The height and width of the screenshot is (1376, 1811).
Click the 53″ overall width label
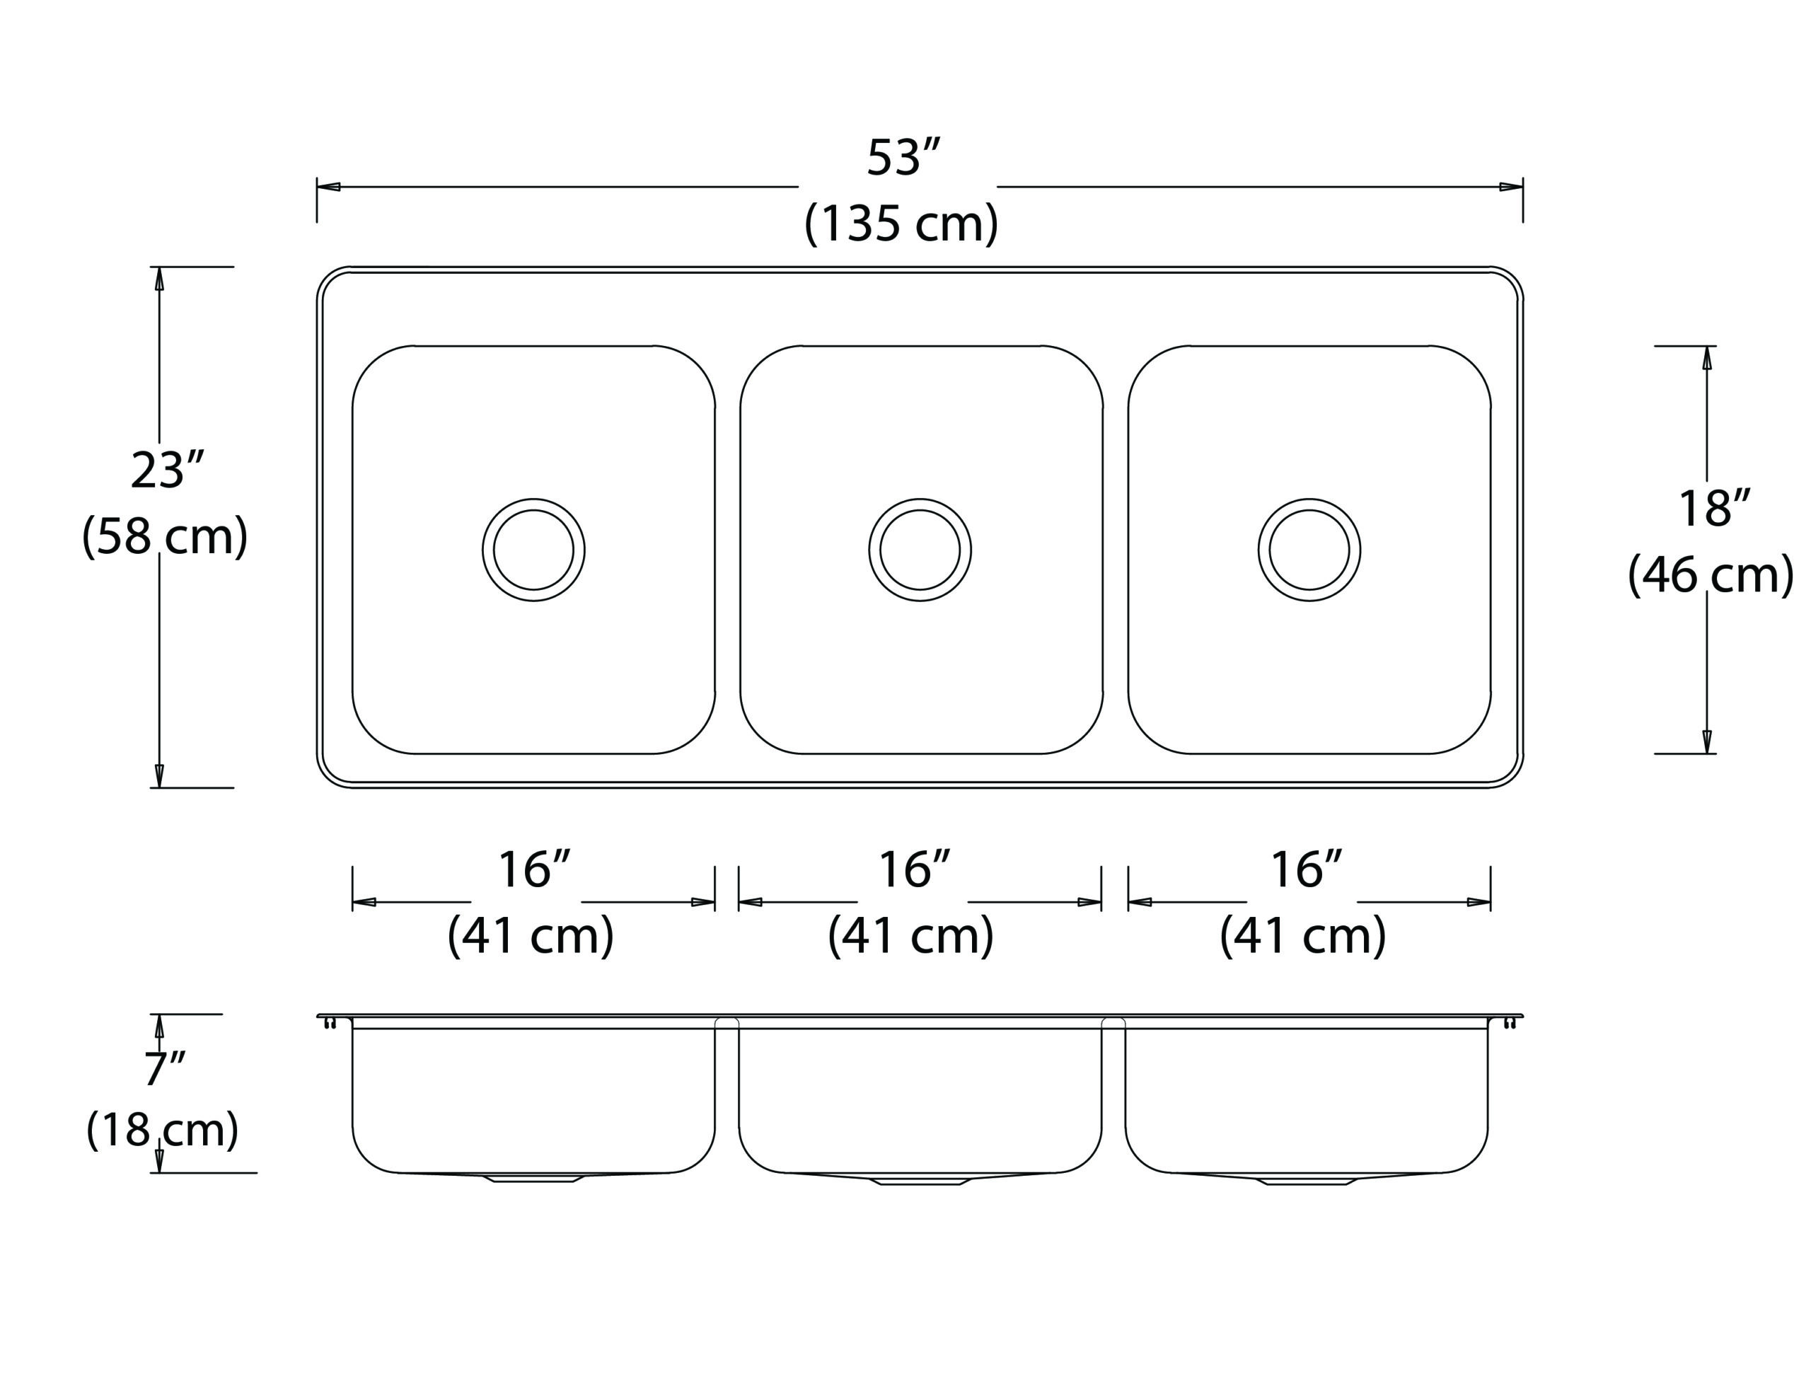(903, 158)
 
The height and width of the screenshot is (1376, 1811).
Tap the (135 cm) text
(901, 223)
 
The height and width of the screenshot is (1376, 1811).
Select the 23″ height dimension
(167, 471)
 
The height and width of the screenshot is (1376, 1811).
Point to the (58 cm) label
(165, 536)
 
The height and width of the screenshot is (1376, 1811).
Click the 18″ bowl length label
(1714, 509)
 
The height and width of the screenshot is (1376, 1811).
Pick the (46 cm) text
(1711, 575)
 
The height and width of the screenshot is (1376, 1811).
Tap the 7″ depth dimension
(165, 1069)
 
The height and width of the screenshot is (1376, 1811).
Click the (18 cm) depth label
(162, 1131)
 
